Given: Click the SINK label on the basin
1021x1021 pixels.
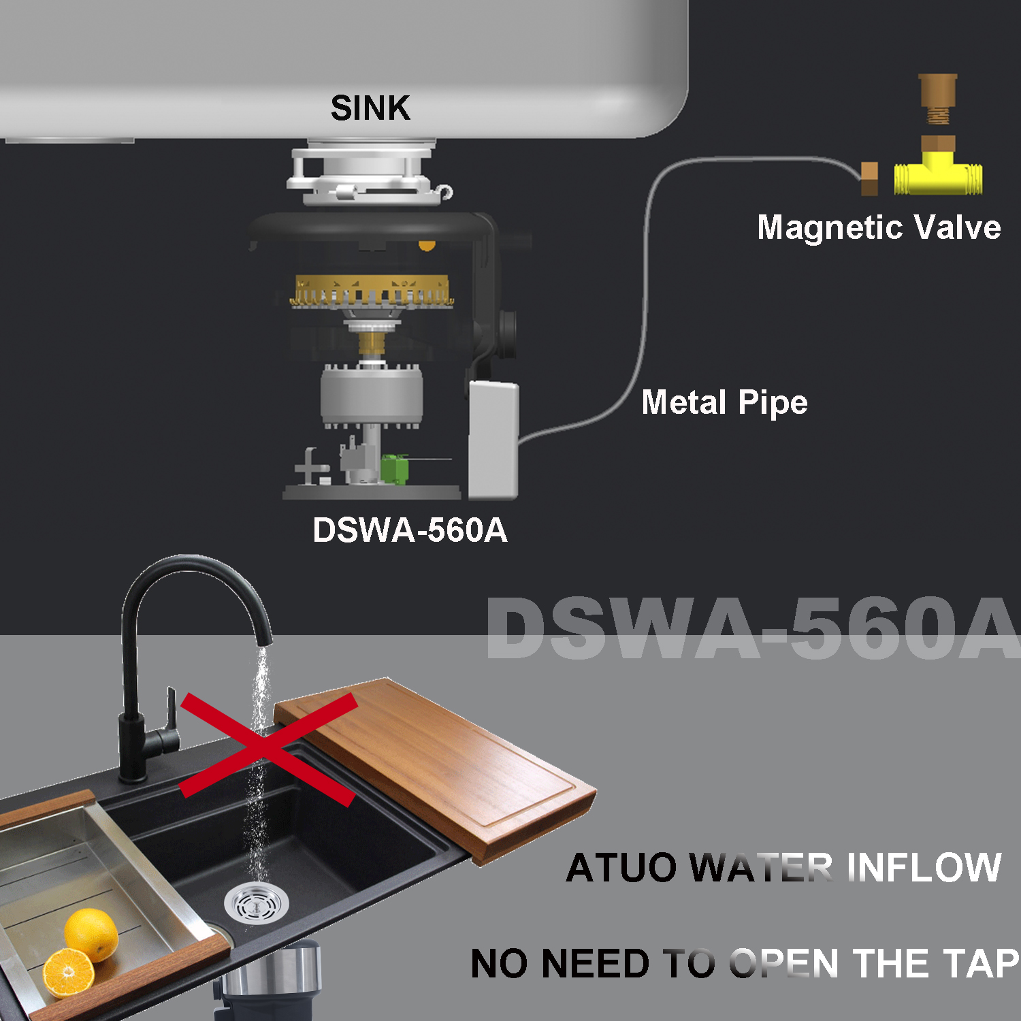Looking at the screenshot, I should pos(370,108).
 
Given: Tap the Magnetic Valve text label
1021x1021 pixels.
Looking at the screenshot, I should pos(879,227).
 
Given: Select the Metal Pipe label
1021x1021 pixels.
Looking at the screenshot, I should pos(724,402).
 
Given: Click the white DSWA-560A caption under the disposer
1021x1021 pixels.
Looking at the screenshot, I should pos(410,530).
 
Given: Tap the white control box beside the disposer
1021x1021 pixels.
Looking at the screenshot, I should pos(493,439).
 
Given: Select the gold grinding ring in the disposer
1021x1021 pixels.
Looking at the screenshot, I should pos(372,291).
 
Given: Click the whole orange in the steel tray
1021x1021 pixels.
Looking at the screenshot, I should pos(91,935).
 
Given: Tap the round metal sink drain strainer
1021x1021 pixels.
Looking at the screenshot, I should pos(256,903).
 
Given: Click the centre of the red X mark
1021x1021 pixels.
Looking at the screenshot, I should pos(268,747).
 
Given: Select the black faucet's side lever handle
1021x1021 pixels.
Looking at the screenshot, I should pos(170,711).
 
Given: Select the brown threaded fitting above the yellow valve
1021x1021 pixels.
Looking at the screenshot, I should pos(937,99).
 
